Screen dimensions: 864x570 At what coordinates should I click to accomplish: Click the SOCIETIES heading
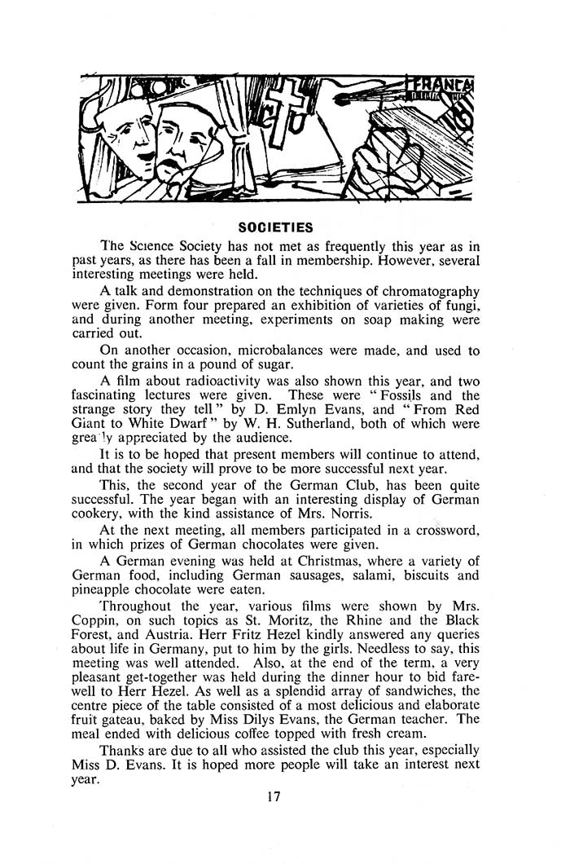tap(272, 223)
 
